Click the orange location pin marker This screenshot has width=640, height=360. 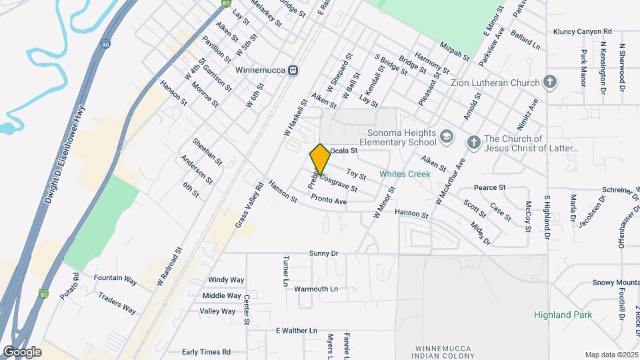pos(321,159)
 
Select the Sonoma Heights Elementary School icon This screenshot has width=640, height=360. pos(446,138)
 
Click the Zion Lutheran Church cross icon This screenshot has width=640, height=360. pos(550,83)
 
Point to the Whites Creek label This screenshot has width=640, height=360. pos(405,174)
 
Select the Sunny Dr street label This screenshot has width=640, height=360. pos(324,254)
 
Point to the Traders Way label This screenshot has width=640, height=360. pos(117,303)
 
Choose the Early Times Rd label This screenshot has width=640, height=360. pos(206,352)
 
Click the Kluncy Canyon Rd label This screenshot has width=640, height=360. pos(582,31)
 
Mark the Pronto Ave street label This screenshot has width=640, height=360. pos(329,201)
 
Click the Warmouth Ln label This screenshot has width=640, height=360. pos(316,289)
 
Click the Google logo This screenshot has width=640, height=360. pos(22,351)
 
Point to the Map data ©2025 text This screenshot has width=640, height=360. pos(611,355)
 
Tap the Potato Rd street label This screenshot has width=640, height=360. pos(69,285)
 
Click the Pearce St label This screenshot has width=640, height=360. pos(490,188)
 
